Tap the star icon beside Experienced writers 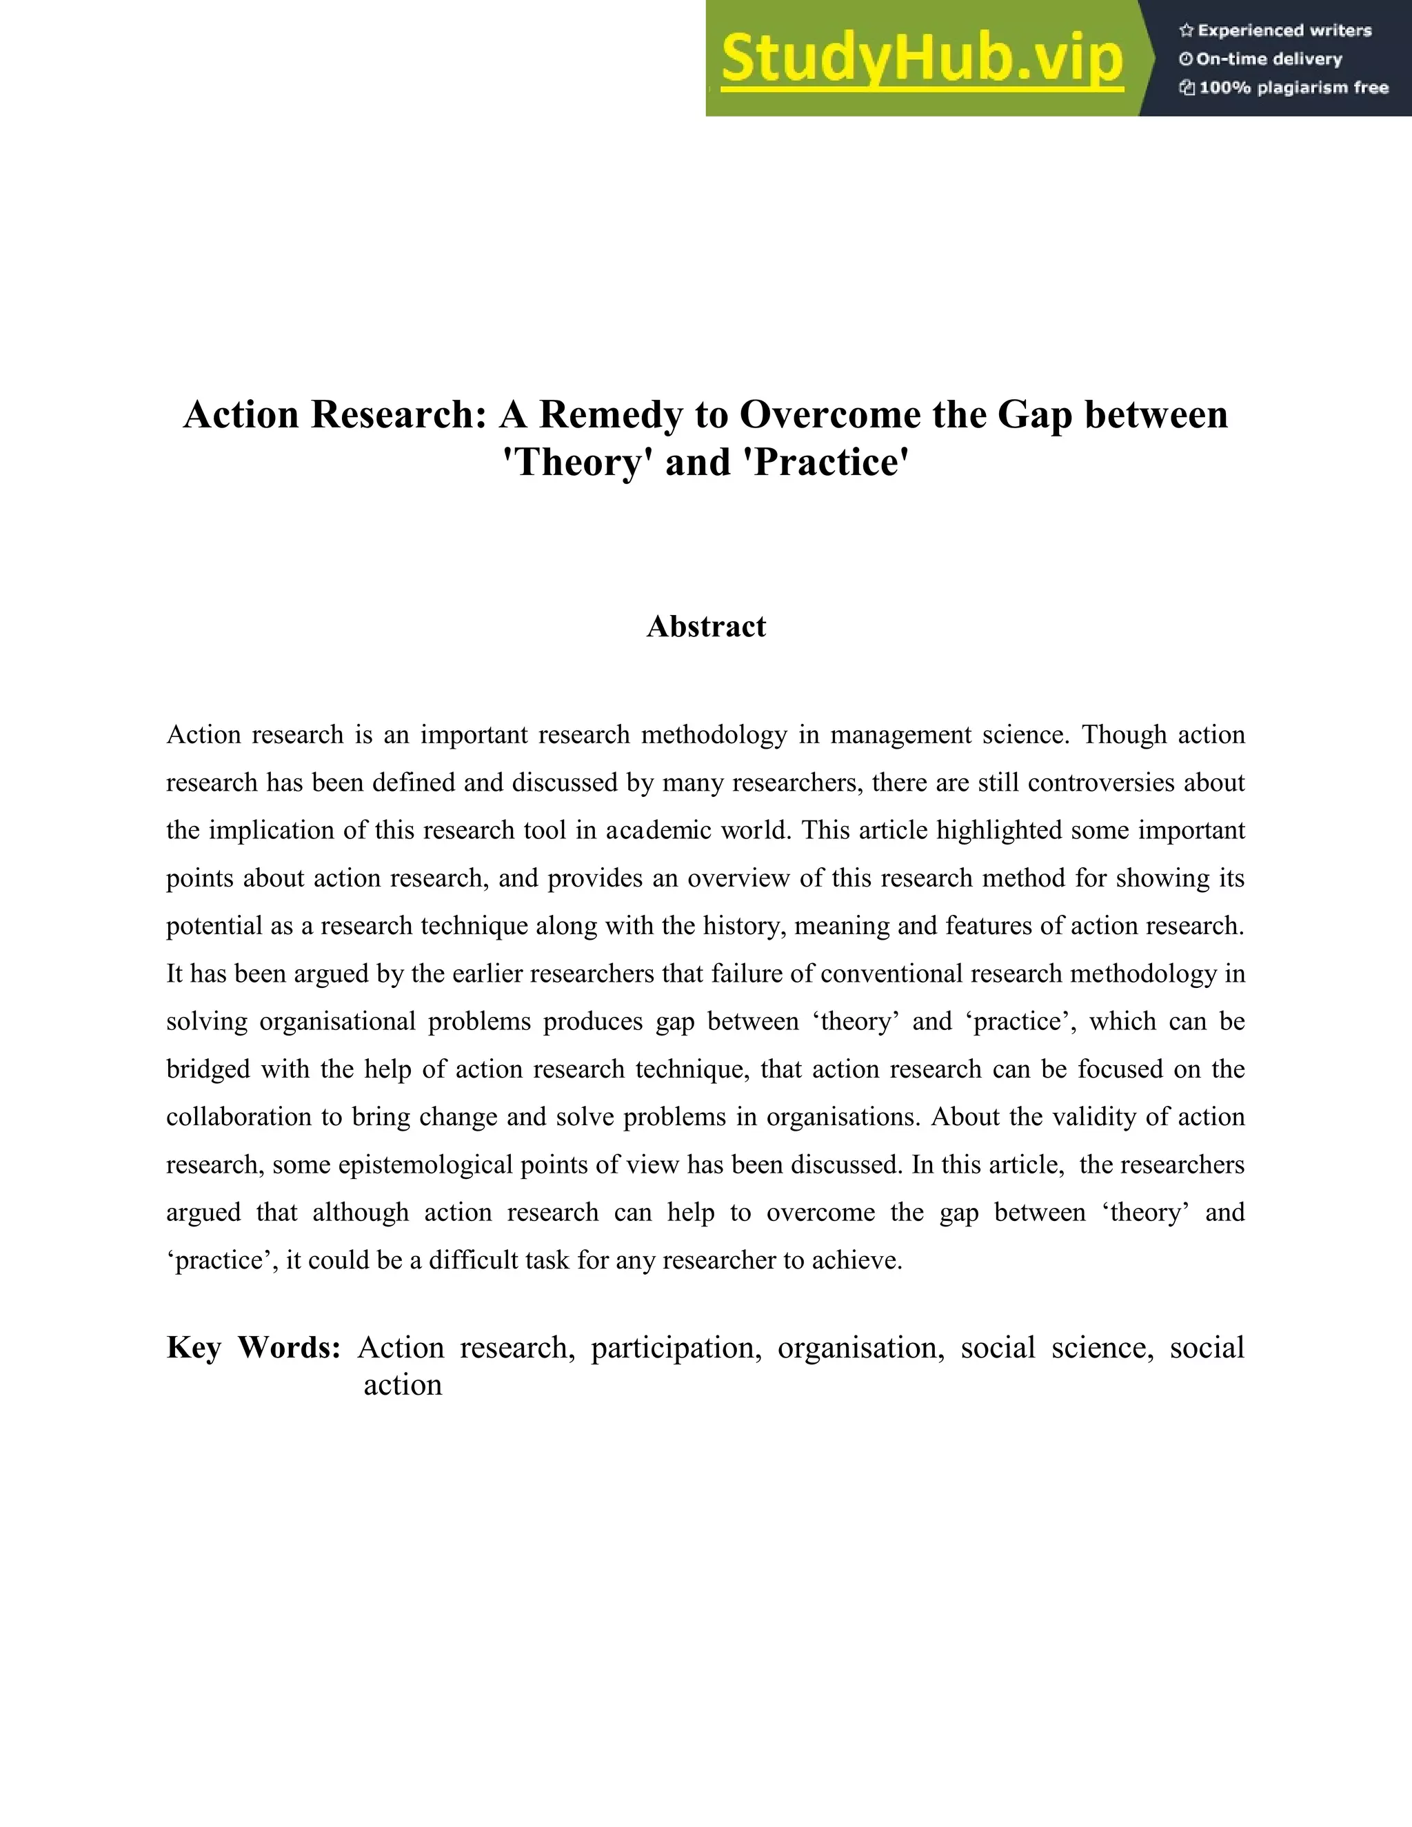pyautogui.click(x=1185, y=31)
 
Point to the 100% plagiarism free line pyautogui.click(x=1293, y=88)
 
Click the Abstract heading pyautogui.click(x=706, y=627)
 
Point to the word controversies pyautogui.click(x=1106, y=783)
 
